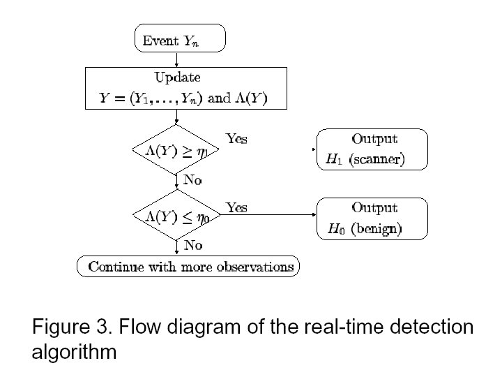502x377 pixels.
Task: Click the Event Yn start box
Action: (179, 38)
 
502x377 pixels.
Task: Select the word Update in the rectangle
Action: (177, 77)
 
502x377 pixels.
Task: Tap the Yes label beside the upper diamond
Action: (236, 139)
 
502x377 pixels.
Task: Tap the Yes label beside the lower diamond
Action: (236, 207)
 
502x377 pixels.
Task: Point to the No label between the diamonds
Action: (192, 179)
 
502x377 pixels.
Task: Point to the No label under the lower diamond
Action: (192, 245)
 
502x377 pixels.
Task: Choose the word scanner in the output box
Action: (376, 160)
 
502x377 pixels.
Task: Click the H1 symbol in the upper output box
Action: (335, 160)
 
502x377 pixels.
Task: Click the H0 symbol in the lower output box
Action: (335, 229)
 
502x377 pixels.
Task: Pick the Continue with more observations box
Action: (188, 267)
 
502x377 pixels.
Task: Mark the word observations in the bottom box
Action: (254, 267)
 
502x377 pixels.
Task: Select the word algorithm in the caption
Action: (74, 352)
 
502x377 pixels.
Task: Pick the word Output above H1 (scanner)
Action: (374, 139)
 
